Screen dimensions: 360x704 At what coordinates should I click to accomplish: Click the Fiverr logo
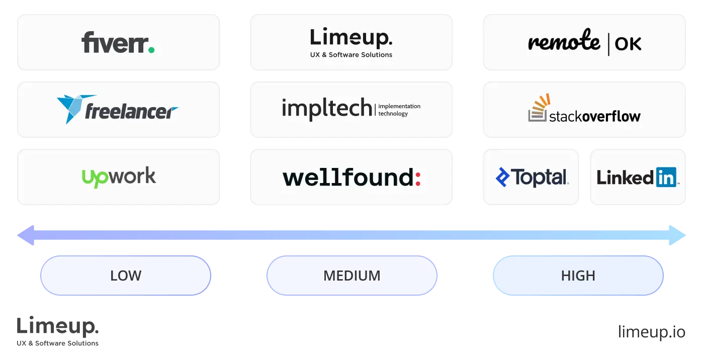[x=118, y=43]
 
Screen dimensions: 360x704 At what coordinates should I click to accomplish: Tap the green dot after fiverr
[x=151, y=50]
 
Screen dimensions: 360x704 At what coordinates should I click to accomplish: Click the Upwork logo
[x=119, y=177]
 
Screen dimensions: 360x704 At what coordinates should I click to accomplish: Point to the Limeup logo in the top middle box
[x=351, y=38]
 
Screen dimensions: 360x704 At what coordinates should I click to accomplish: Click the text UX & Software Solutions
[x=351, y=55]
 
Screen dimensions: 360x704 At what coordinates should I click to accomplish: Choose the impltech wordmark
[x=327, y=109]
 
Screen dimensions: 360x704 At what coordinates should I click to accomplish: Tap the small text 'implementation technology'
[x=399, y=110]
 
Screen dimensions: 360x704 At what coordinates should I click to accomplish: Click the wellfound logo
[x=351, y=177]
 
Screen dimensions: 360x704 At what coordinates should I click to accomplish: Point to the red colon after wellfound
[x=417, y=178]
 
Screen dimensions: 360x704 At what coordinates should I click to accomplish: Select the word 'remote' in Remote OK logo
[x=564, y=43]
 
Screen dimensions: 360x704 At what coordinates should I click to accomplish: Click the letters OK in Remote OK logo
[x=628, y=44]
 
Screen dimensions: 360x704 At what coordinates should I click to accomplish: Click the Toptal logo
[x=532, y=177]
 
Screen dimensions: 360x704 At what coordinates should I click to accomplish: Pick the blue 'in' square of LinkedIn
[x=666, y=177]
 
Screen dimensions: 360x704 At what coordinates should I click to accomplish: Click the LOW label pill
[x=126, y=276]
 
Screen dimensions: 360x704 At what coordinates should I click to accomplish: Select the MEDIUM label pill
[x=352, y=276]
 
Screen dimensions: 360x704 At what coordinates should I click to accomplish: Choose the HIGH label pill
[x=578, y=276]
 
